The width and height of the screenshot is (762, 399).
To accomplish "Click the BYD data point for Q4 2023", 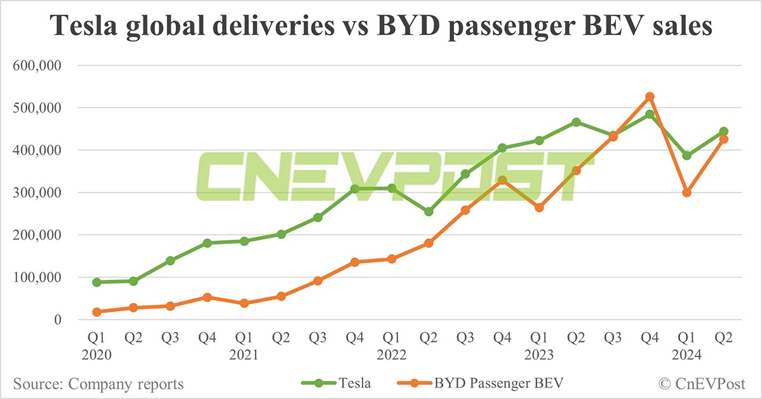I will point(650,97).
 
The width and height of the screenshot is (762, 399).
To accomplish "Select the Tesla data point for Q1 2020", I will point(97,282).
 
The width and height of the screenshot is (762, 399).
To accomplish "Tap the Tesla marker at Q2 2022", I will point(429,212).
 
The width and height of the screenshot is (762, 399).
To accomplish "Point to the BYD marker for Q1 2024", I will point(686,193).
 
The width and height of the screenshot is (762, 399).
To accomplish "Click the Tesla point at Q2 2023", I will point(576,122).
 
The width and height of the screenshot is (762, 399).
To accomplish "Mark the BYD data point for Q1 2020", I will point(97,312).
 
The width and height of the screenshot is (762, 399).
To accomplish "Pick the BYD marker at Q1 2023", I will point(539,207).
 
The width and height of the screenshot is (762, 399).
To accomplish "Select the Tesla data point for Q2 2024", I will point(723,132).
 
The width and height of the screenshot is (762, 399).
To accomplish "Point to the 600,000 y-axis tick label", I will point(38,65).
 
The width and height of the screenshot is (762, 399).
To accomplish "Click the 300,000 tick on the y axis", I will point(38,193).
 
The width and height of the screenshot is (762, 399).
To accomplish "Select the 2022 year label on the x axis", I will point(392,355).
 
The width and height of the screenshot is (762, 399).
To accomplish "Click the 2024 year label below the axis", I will point(686,355).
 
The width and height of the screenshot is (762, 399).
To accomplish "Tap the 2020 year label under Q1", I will point(97,355).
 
